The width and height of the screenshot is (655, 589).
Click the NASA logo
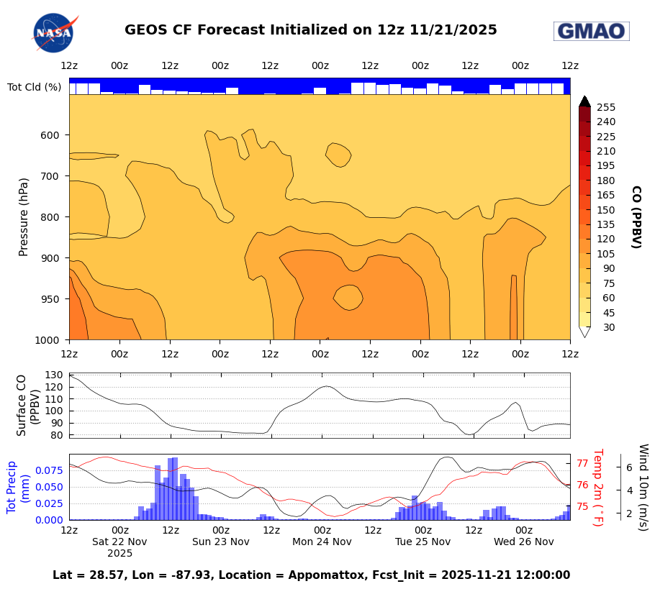[x=54, y=33]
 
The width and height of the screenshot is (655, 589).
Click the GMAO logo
[x=591, y=31]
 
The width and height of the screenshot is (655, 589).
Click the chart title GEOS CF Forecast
[x=310, y=30]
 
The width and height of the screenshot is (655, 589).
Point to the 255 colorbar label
[x=605, y=107]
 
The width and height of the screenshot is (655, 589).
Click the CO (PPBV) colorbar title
[x=636, y=216]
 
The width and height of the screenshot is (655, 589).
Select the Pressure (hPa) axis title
[x=24, y=216]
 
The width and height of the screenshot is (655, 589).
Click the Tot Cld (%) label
[x=34, y=87]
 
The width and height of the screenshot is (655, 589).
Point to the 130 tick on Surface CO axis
[x=55, y=375]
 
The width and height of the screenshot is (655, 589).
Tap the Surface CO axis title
[x=27, y=404]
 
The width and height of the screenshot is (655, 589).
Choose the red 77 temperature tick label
[x=583, y=464]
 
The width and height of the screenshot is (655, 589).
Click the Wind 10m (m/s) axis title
[x=643, y=487]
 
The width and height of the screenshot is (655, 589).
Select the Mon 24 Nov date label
[x=322, y=542]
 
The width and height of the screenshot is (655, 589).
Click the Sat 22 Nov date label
[x=119, y=542]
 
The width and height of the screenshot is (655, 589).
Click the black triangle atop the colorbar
[x=584, y=101]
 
